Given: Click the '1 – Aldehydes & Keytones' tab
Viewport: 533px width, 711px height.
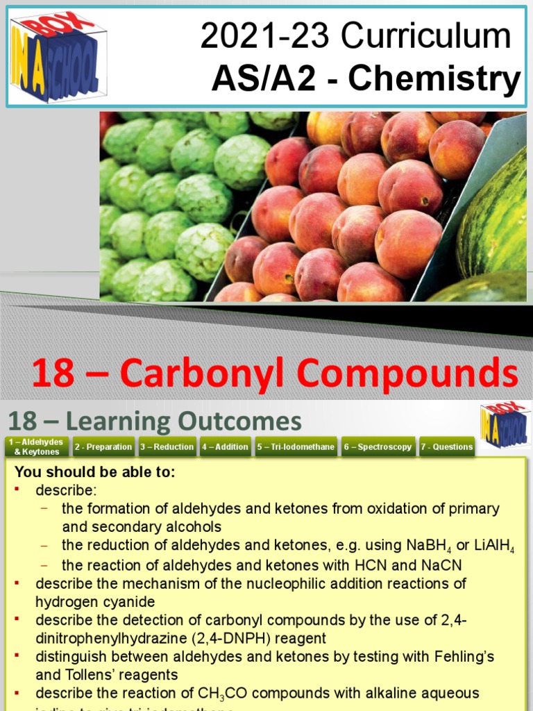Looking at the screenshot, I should pos(37,446).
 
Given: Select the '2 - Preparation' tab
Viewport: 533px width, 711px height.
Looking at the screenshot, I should pos(103,446).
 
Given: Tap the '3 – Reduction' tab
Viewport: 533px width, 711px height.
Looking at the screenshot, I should pos(167,446).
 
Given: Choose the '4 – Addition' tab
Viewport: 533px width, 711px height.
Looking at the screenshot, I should pos(225,446).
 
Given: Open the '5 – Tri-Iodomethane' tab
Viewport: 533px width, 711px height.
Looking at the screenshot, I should pos(296,446).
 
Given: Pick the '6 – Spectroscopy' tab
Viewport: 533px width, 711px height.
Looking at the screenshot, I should pos(378,446).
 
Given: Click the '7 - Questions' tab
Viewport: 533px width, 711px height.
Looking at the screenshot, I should pos(446,446).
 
